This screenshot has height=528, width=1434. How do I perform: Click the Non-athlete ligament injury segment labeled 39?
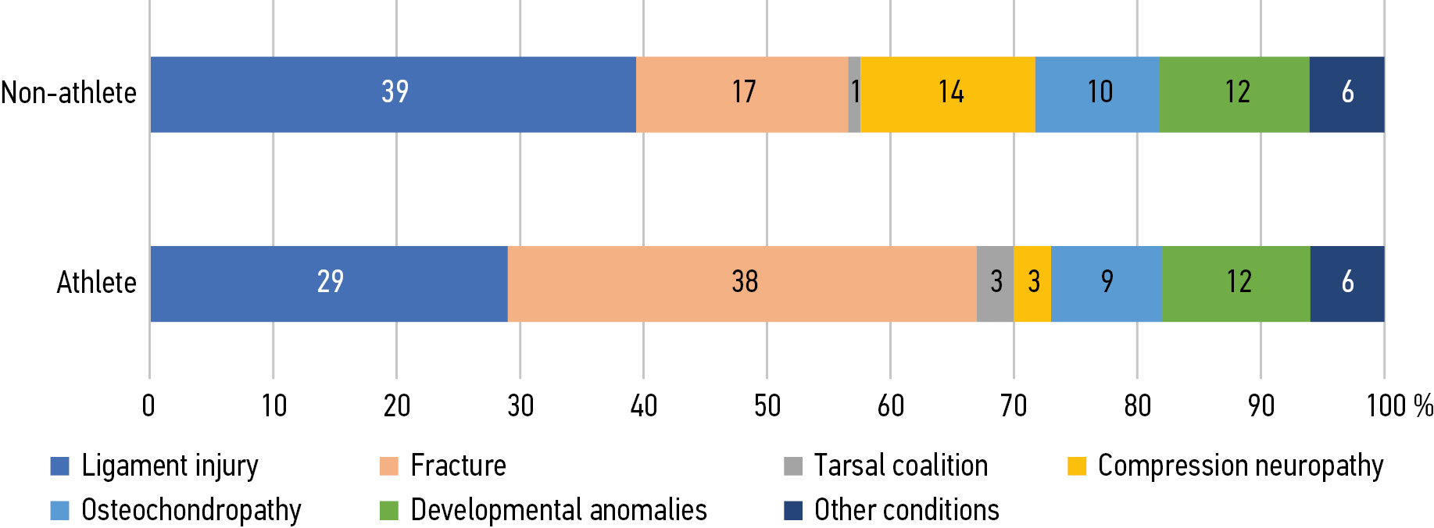393,94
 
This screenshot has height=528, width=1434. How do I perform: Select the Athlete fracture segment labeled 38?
742,283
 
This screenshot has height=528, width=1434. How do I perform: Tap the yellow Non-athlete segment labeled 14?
948,94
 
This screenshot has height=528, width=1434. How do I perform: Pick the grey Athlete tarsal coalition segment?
995,283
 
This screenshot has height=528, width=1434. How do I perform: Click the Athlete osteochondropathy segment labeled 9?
1107,283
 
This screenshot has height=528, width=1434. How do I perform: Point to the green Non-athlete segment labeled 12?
1235,94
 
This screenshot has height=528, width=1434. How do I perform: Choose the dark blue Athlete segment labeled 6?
1347,283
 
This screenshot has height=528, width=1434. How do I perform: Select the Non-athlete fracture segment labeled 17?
742,94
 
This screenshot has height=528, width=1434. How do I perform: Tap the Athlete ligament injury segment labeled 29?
329,283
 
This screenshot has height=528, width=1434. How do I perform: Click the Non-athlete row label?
69,93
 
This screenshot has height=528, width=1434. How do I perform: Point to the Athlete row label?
96,283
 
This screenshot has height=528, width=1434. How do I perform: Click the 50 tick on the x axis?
767,406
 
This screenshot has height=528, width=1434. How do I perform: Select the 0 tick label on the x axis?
148,406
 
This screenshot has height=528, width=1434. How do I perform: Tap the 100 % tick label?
1399,406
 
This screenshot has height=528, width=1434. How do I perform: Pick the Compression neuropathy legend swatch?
1077,466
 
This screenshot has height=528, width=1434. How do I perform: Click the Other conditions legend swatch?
793,511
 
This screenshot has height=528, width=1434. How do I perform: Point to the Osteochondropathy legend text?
191,510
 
